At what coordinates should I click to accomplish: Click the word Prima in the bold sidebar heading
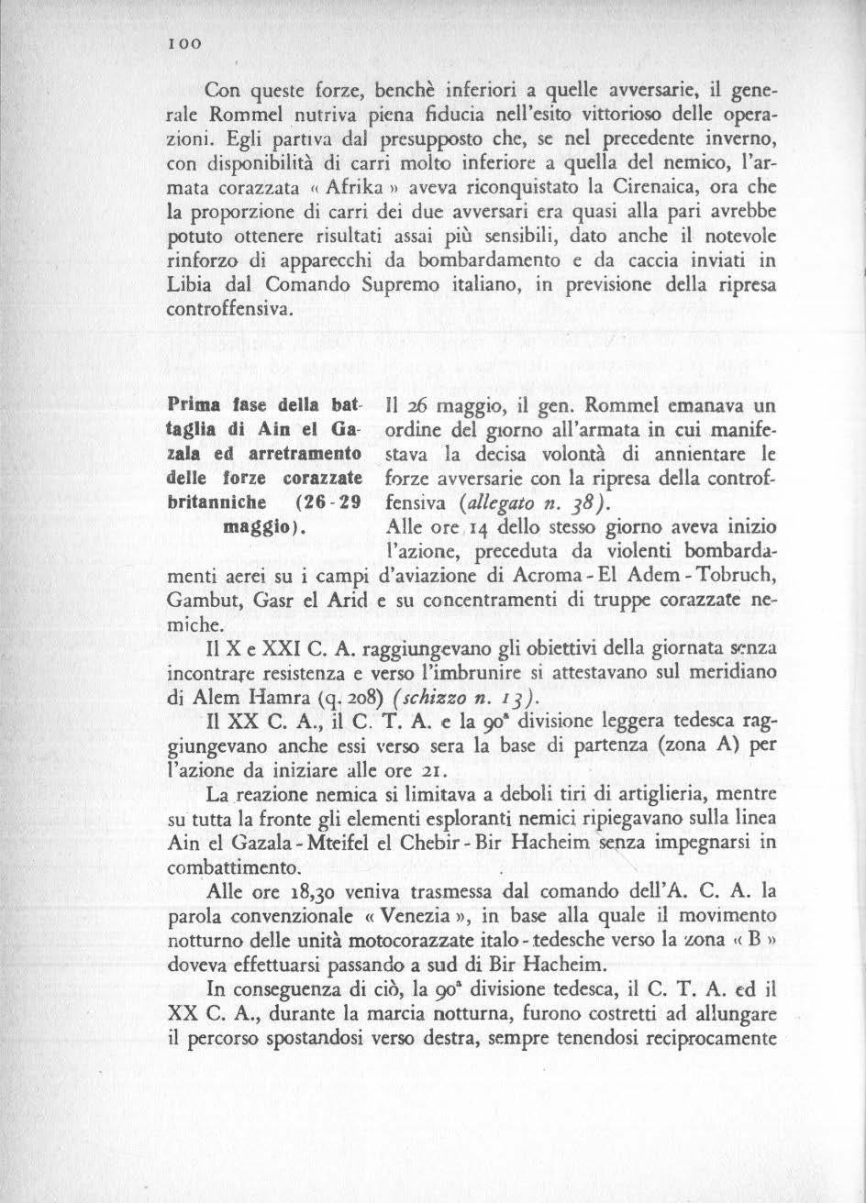pyautogui.click(x=194, y=405)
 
